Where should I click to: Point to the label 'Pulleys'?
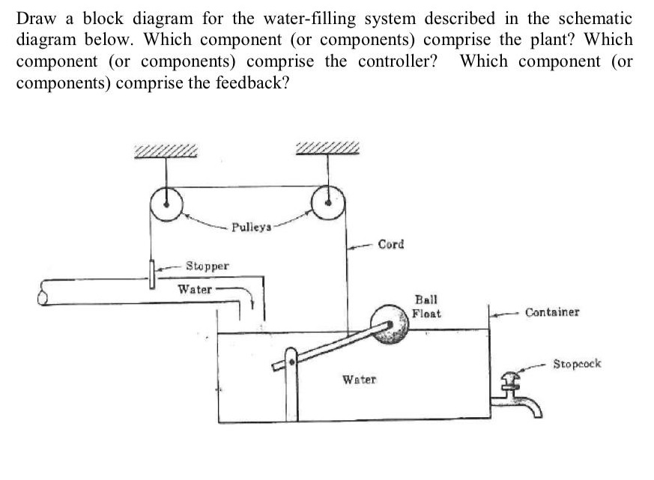tap(252, 225)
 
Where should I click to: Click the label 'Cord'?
tap(390, 244)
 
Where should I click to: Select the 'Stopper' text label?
tap(208, 266)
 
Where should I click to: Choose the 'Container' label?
tap(551, 312)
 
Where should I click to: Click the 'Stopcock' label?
tap(577, 364)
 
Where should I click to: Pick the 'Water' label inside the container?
tap(359, 380)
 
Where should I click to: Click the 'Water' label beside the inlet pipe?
tap(194, 289)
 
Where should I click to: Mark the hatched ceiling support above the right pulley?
tap(327, 149)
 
